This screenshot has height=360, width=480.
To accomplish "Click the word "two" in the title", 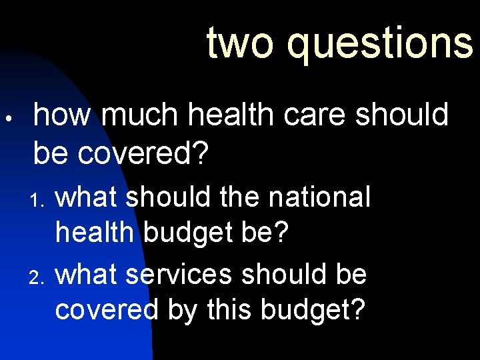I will pos(241,42).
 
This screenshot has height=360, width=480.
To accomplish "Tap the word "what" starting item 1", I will pos(87,197).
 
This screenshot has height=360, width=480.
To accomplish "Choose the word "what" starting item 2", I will pos(87,274).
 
